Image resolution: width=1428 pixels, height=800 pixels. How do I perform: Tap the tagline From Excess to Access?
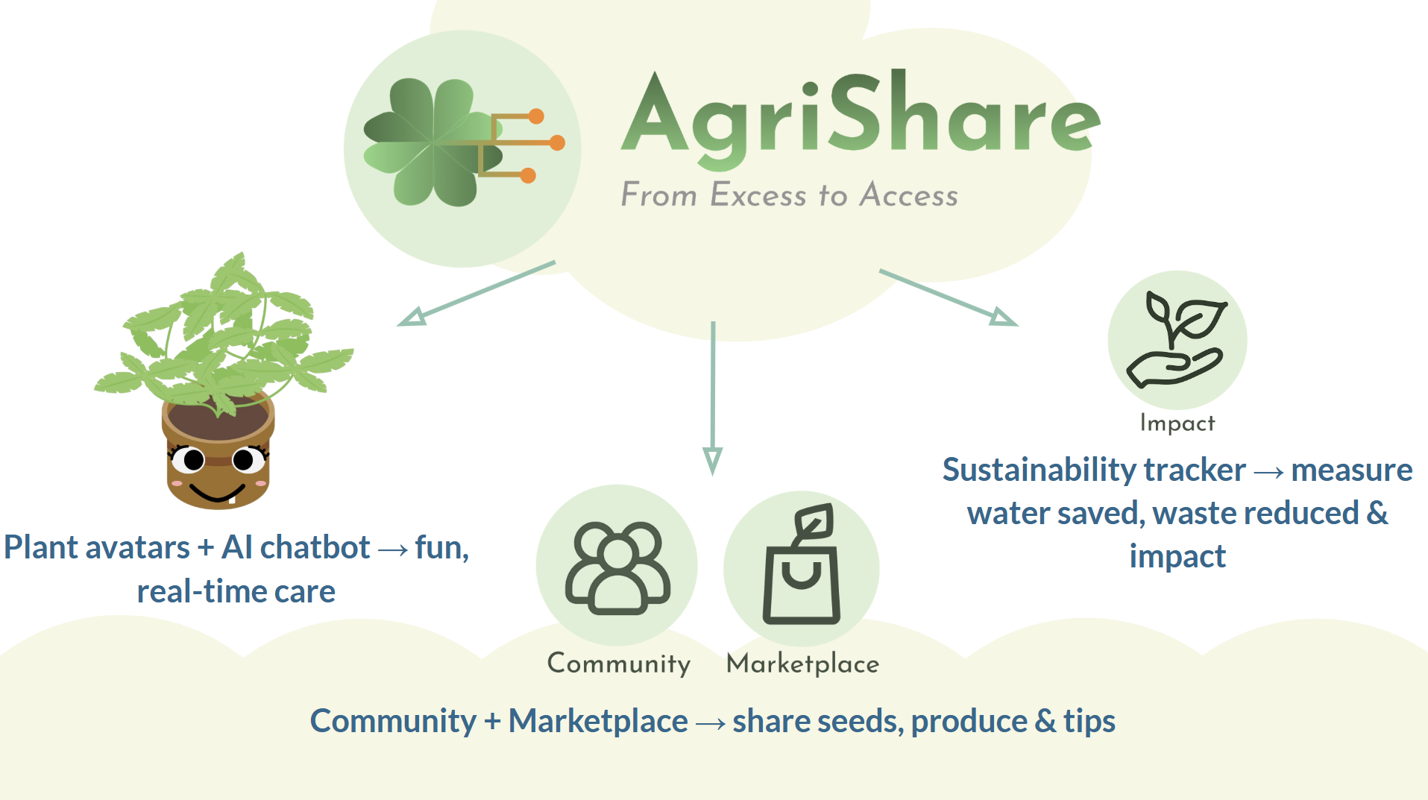(789, 195)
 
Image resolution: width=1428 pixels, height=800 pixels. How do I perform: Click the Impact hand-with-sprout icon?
(1177, 339)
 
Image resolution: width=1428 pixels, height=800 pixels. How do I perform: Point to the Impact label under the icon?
(1177, 423)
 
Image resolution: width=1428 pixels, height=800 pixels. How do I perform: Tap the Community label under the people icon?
(618, 664)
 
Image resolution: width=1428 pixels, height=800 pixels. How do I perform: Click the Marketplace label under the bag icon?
(802, 664)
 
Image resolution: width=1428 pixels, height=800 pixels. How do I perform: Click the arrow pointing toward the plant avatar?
(477, 294)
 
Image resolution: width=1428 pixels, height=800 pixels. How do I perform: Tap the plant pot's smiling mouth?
(217, 493)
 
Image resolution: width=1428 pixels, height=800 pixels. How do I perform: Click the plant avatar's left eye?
(192, 460)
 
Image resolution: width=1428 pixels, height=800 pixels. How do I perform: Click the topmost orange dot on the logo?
(536, 116)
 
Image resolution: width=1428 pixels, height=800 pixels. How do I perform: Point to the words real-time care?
(236, 592)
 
